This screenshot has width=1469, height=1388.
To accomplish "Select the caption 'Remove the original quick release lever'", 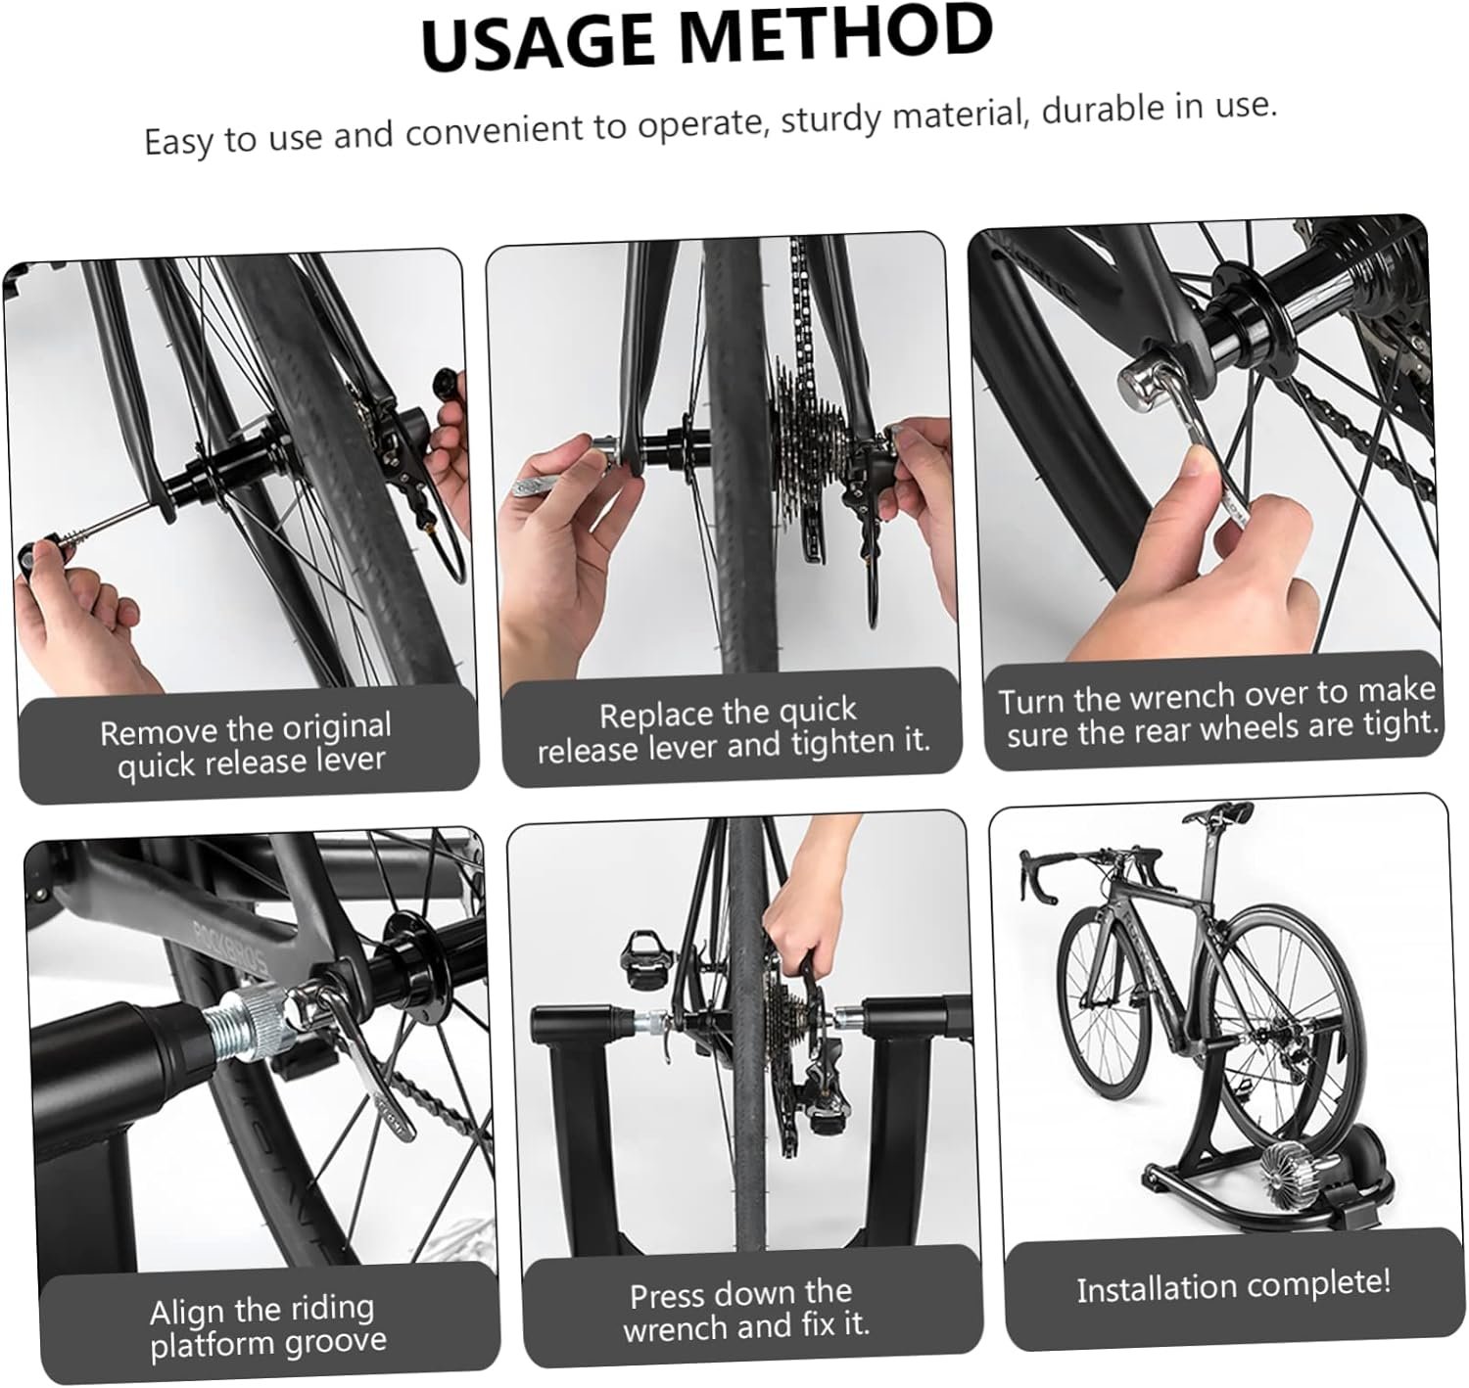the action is pos(247,745).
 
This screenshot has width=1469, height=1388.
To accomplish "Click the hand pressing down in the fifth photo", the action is pos(799,920).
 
